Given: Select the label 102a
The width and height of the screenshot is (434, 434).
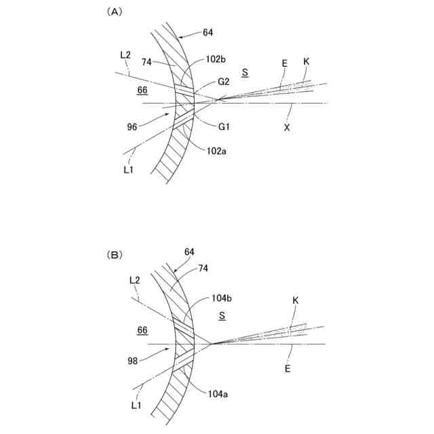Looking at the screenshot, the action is [x=216, y=152].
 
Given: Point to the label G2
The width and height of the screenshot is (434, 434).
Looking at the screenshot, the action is [x=224, y=81].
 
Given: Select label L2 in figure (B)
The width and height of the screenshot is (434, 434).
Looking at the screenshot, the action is [x=133, y=279].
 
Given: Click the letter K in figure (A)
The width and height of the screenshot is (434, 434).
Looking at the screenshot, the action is [x=306, y=62].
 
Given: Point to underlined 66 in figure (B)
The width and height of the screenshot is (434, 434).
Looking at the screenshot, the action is [x=143, y=330].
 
